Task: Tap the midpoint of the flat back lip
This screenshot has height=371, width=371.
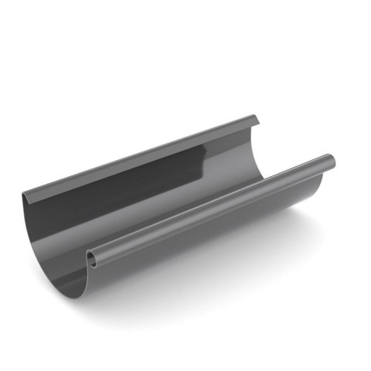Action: coord(139,155)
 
